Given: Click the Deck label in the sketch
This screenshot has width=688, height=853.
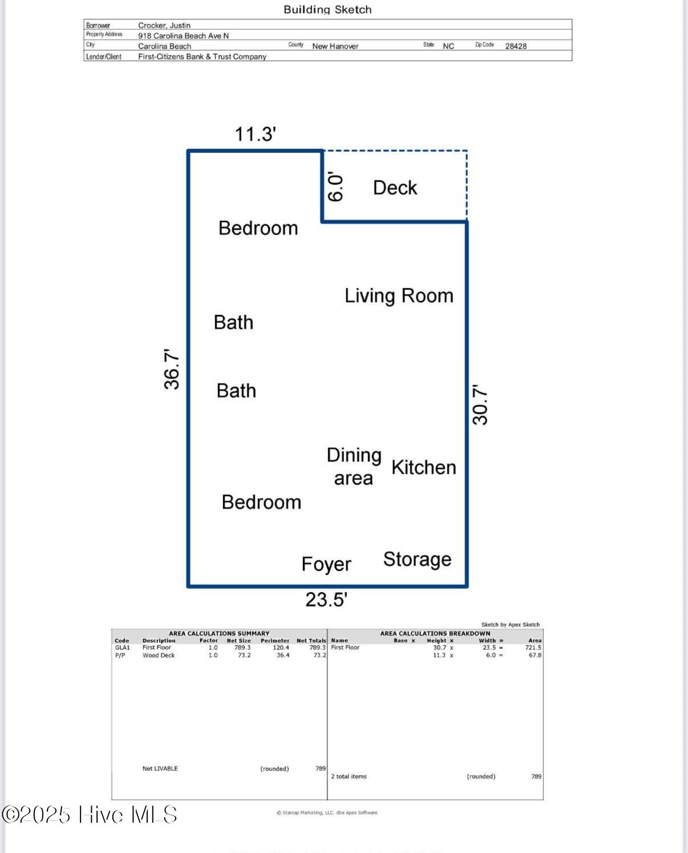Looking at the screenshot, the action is pos(395,188).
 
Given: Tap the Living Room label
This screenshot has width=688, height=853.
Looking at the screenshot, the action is pos(399,296).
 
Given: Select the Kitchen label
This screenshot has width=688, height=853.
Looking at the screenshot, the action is pos(424,467).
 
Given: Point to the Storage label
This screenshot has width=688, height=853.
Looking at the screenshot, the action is pos(418,560).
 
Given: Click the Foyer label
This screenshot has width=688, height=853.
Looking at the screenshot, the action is pos(326,564).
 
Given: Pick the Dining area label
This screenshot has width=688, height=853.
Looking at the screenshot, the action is pos(354,467).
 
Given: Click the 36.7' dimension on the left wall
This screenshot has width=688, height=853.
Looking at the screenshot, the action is pos(172,369).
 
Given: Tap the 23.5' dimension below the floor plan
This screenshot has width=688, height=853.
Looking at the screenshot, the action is pos(326,599).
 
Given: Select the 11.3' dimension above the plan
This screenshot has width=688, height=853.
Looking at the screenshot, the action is pos(255,134).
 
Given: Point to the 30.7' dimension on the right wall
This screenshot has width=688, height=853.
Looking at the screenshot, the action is pos(480,405).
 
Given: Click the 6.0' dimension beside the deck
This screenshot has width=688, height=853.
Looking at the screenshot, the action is pos(335,187).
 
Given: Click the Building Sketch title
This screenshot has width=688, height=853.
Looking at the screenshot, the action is pos(328,10).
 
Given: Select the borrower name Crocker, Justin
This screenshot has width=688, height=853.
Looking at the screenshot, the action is pos(164,25).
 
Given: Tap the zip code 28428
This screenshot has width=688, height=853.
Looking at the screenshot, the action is pos(516,46).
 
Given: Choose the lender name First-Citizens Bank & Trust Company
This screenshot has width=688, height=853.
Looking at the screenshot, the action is pos(202,56).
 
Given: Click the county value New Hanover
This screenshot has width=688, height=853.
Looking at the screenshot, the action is pos(335,46).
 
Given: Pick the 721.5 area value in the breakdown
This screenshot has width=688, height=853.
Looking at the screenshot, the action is pos(533,647).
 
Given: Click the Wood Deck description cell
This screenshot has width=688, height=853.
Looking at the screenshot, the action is pos(159,655).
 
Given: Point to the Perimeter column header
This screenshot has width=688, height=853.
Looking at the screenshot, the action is pos(275,641).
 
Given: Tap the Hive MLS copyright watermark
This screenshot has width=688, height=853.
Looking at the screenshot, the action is pos(90,815).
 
